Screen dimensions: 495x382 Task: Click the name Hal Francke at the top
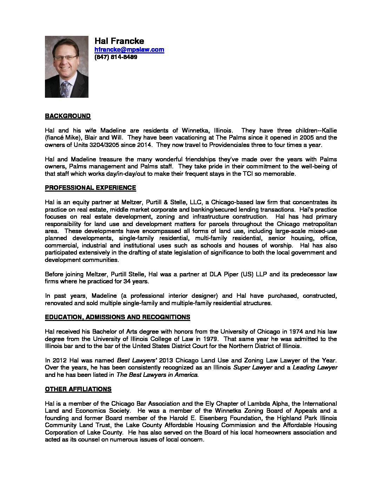point(119,41)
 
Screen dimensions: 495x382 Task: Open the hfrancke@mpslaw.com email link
point(129,50)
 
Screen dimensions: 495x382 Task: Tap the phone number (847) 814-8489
point(116,57)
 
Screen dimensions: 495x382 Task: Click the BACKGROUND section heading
point(68,116)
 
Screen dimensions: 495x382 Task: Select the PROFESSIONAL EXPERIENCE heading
point(90,188)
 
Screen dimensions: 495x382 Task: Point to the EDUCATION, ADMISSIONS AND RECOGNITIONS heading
point(117,317)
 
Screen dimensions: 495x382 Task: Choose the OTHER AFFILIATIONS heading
point(78,389)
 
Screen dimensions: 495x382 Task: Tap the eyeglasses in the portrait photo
point(65,58)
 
